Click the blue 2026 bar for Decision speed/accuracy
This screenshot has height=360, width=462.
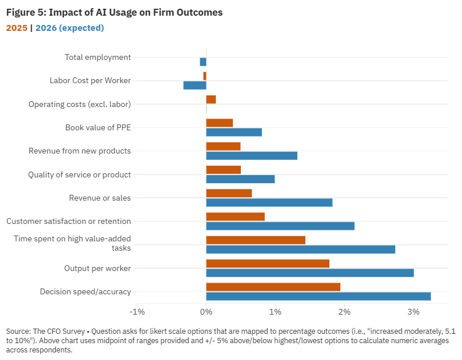(318, 296)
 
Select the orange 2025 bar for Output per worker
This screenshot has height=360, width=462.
(268, 263)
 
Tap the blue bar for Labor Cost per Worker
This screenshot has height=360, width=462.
(194, 85)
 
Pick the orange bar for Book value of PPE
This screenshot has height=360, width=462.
(219, 123)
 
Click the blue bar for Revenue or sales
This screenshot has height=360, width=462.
(269, 202)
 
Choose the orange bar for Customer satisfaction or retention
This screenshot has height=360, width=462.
(235, 216)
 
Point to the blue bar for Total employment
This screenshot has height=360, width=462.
(203, 62)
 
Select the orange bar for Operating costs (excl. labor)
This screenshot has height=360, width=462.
(211, 99)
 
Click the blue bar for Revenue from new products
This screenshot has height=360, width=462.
(251, 155)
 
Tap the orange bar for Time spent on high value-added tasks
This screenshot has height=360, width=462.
(255, 240)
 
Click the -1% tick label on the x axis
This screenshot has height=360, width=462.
(137, 312)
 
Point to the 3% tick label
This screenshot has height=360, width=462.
(413, 312)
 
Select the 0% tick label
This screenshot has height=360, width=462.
(206, 312)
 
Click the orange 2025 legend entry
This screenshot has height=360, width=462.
(16, 27)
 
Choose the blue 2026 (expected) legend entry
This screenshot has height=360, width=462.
(69, 27)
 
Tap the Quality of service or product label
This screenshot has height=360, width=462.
(80, 174)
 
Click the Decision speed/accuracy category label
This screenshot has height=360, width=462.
(85, 291)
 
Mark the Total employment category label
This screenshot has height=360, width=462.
(98, 57)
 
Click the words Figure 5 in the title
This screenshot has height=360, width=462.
(23, 12)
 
